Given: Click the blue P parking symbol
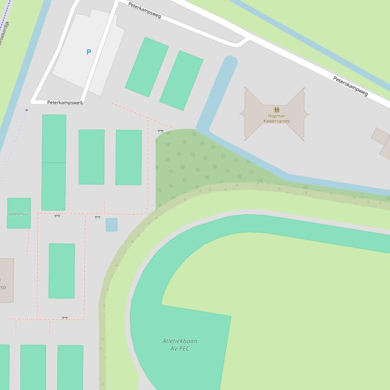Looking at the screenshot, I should [x=89, y=52].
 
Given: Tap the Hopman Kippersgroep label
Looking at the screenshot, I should [x=276, y=119].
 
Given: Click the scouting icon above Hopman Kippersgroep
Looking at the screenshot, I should [x=277, y=109].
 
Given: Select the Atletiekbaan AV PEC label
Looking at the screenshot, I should [x=180, y=345].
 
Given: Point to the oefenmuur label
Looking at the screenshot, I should [x=19, y=214].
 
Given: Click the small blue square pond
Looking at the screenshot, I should [x=111, y=225].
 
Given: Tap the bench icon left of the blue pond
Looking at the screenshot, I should [x=97, y=217].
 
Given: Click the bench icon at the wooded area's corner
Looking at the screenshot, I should [x=161, y=131].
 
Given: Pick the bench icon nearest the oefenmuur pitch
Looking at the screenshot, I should [x=57, y=216].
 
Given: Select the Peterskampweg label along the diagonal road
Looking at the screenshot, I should [x=350, y=86].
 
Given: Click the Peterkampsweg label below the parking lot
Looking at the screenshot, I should [x=64, y=102].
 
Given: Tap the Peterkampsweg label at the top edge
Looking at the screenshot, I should [x=144, y=10].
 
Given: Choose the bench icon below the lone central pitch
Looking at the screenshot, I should [x=64, y=318].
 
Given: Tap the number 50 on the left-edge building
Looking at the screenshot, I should [x=3, y=288].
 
